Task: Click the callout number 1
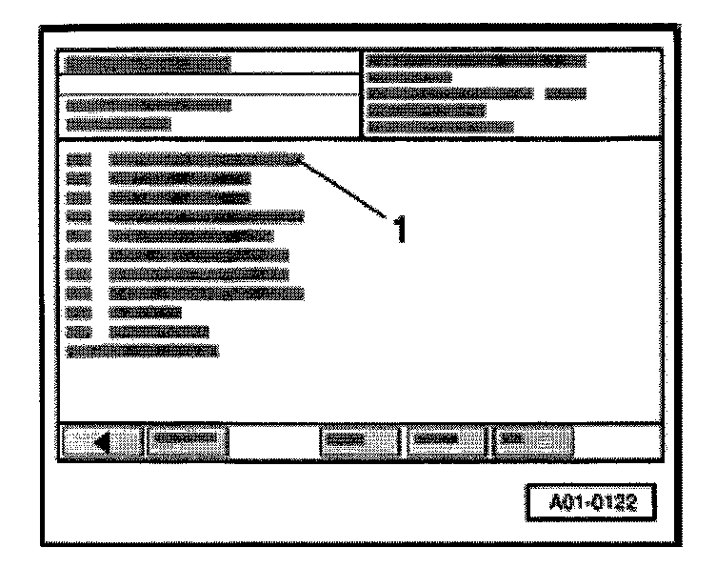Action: tap(402, 228)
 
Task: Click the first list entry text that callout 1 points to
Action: tap(205, 159)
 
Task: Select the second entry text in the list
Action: tap(179, 178)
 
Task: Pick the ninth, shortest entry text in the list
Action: tap(145, 312)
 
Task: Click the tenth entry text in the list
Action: tap(158, 332)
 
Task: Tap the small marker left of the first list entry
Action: tap(80, 159)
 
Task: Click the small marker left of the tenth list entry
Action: tap(80, 332)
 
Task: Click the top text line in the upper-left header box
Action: tap(149, 65)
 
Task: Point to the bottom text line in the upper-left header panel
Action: tap(119, 123)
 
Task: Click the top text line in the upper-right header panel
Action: tap(476, 61)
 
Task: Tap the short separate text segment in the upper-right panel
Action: tap(565, 93)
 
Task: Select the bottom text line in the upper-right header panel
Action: tap(440, 125)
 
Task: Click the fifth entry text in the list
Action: tap(190, 235)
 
